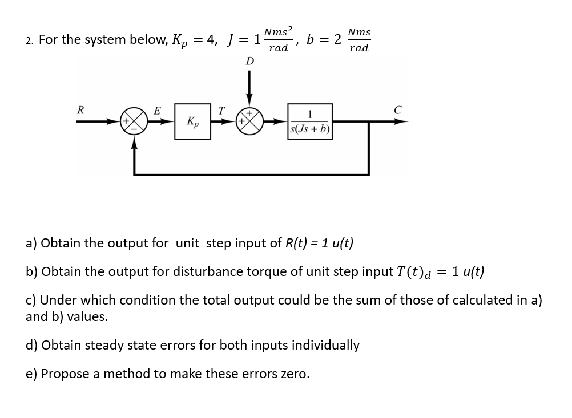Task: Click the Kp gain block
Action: [x=192, y=121]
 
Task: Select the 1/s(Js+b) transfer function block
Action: [x=311, y=121]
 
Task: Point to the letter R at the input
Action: [x=81, y=109]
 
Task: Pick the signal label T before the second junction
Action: [x=222, y=109]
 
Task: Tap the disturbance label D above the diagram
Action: [x=249, y=60]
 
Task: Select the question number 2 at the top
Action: [x=29, y=40]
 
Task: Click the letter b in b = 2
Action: [x=311, y=39]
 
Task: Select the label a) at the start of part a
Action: [x=31, y=243]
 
